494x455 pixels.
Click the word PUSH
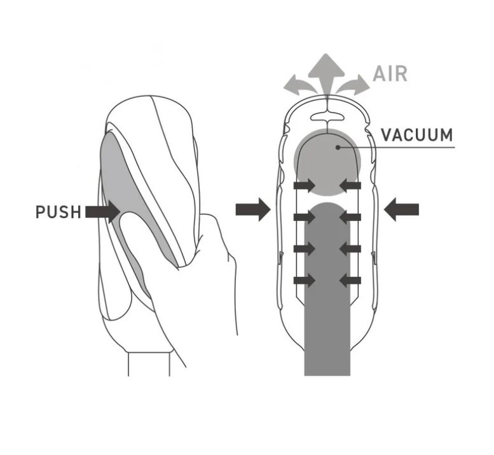[x=58, y=211]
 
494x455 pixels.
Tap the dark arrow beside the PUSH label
[x=102, y=211]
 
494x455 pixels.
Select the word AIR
[x=390, y=73]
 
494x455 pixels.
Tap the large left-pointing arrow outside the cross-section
[x=402, y=209]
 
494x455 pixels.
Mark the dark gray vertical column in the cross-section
[x=327, y=299]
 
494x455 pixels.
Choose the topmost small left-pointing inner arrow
[x=350, y=185]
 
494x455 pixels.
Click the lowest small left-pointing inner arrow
[x=350, y=279]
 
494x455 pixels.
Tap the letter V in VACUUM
[x=386, y=135]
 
